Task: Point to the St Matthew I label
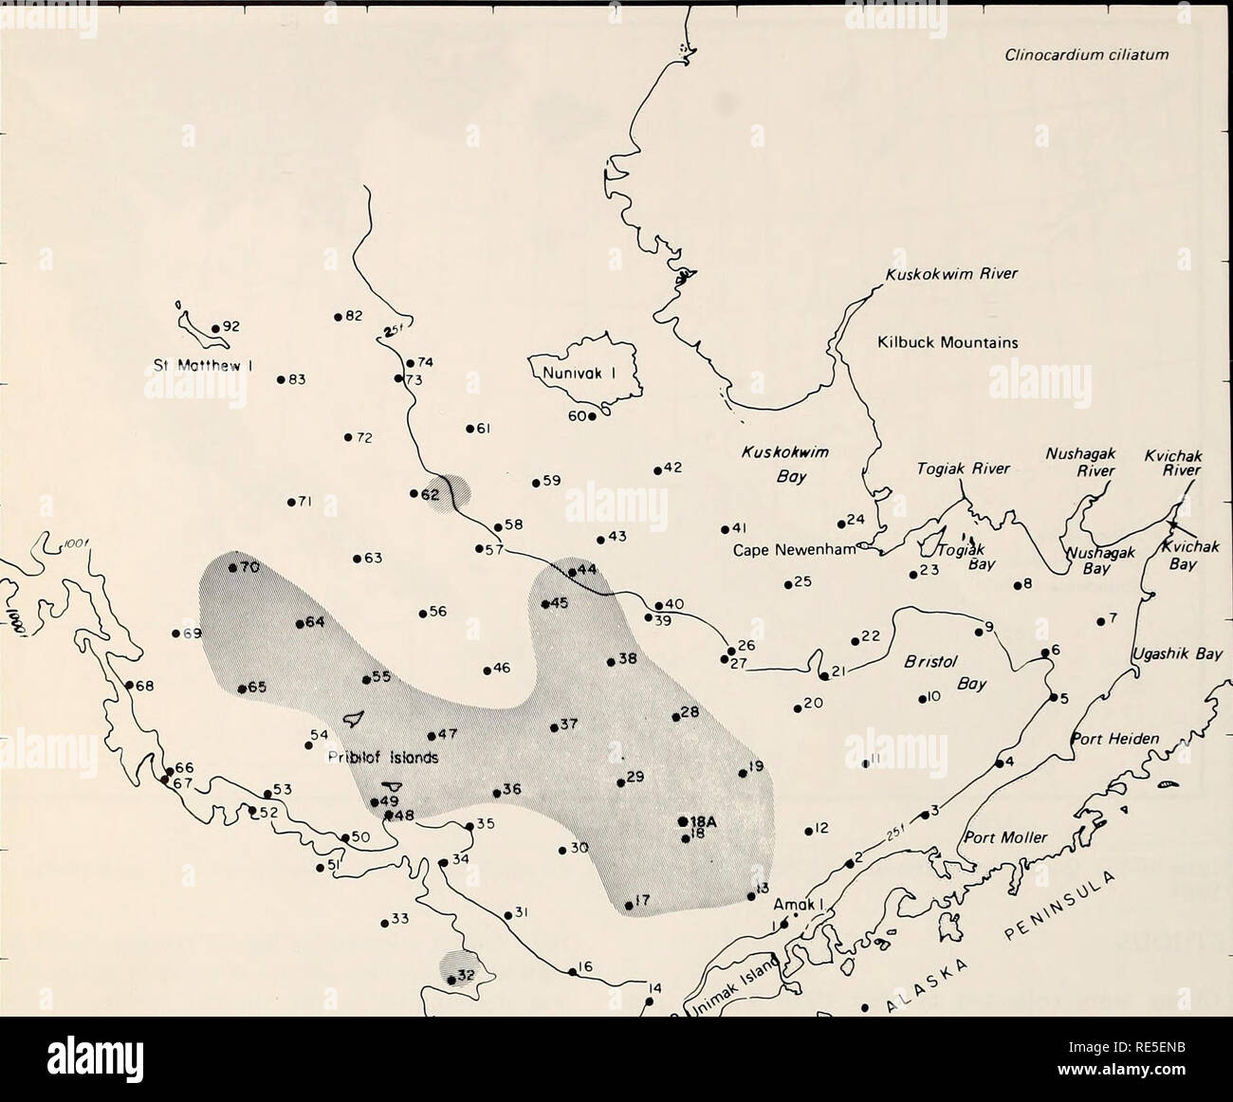[x=202, y=360]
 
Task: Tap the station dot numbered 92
[x=215, y=328]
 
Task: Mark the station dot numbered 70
[x=232, y=568]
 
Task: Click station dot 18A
[x=683, y=821]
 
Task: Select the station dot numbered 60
[x=591, y=415]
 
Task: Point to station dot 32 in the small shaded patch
[x=451, y=980]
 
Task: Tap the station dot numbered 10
[x=921, y=701]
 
